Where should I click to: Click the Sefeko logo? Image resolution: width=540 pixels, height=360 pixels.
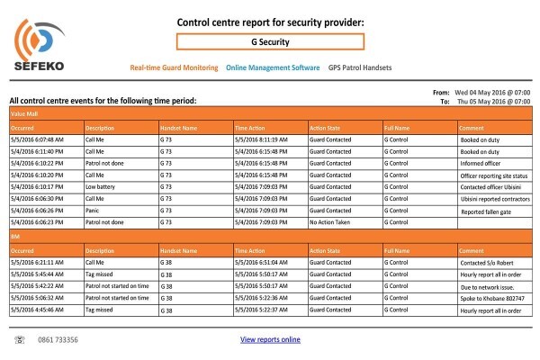pos(40,45)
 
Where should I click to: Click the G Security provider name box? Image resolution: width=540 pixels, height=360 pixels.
pos(270,41)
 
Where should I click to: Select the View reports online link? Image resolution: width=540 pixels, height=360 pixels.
pos(270,339)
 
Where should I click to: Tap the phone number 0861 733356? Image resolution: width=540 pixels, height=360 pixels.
pos(58,340)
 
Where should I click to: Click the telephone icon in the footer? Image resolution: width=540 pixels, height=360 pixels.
pos(20,340)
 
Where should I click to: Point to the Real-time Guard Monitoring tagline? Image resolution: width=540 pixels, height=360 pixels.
pos(174,67)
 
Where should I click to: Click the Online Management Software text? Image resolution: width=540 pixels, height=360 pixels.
pos(273,67)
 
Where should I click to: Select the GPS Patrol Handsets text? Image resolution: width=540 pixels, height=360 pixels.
pos(360,67)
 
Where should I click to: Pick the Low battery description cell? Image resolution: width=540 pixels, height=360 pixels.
pos(100,186)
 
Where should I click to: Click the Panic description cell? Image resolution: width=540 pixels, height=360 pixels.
pos(93,211)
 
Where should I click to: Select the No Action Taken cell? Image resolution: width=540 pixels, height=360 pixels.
pos(329,222)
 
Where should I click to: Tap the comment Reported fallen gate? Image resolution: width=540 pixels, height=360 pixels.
pos(486,211)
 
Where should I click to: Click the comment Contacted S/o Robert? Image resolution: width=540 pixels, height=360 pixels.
pos(487,263)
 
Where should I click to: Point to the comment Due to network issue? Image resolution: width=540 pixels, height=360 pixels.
pos(487,287)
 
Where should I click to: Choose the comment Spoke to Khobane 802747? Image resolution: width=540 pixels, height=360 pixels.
pos(492,298)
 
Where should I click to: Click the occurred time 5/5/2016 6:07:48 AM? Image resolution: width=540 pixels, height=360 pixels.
pos(37,139)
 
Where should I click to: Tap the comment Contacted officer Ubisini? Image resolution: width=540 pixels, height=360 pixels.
pos(490,187)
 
